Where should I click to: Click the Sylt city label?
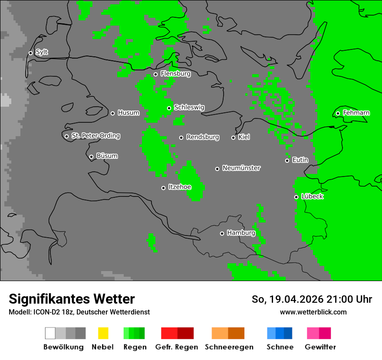point(42,52)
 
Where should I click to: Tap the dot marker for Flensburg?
point(155,74)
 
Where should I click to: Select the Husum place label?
point(128,113)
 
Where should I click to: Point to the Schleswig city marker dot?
point(169,108)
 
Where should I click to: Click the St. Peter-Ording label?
point(95,136)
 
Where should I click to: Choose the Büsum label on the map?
point(107,156)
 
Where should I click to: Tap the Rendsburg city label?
point(203,137)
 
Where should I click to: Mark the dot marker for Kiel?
point(233,137)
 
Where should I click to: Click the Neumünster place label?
point(241,168)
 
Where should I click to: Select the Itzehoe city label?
point(180,187)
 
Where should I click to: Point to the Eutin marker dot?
point(287,160)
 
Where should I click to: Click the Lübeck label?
point(312,196)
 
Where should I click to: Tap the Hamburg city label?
point(241,233)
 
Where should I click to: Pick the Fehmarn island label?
point(356,113)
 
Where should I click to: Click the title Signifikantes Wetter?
point(72,299)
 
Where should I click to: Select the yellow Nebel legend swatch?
point(103,333)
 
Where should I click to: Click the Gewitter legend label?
point(320,347)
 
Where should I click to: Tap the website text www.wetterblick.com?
point(313,312)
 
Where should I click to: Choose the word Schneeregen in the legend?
point(229,347)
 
